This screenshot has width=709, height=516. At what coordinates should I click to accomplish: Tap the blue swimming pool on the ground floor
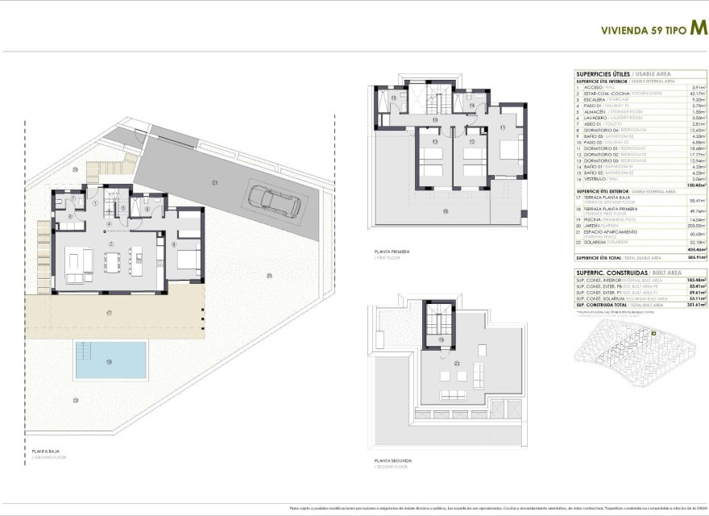coord(111,360)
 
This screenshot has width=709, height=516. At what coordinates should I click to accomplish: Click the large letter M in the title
coord(699,26)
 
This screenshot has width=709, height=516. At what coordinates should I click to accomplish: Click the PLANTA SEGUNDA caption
coord(391,460)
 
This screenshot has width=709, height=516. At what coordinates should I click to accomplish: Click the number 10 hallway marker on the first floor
coord(435,119)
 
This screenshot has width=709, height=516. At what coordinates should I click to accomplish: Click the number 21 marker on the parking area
coord(215,183)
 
